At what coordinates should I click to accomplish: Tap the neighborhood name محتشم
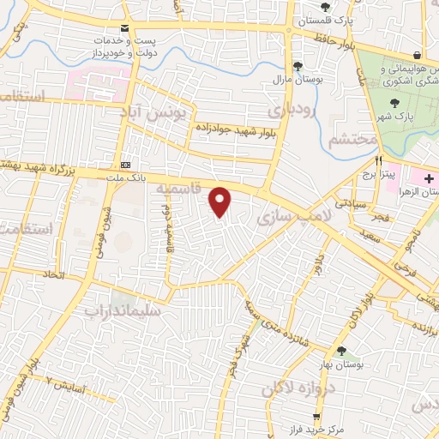pos(353,138)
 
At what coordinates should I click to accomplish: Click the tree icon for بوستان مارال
pos(298,65)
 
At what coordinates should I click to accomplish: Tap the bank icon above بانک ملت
pos(127,164)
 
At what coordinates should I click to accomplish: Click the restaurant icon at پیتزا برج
pos(377,159)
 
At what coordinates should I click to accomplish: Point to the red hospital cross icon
pos(429,177)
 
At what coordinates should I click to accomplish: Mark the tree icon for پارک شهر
pos(394,103)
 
